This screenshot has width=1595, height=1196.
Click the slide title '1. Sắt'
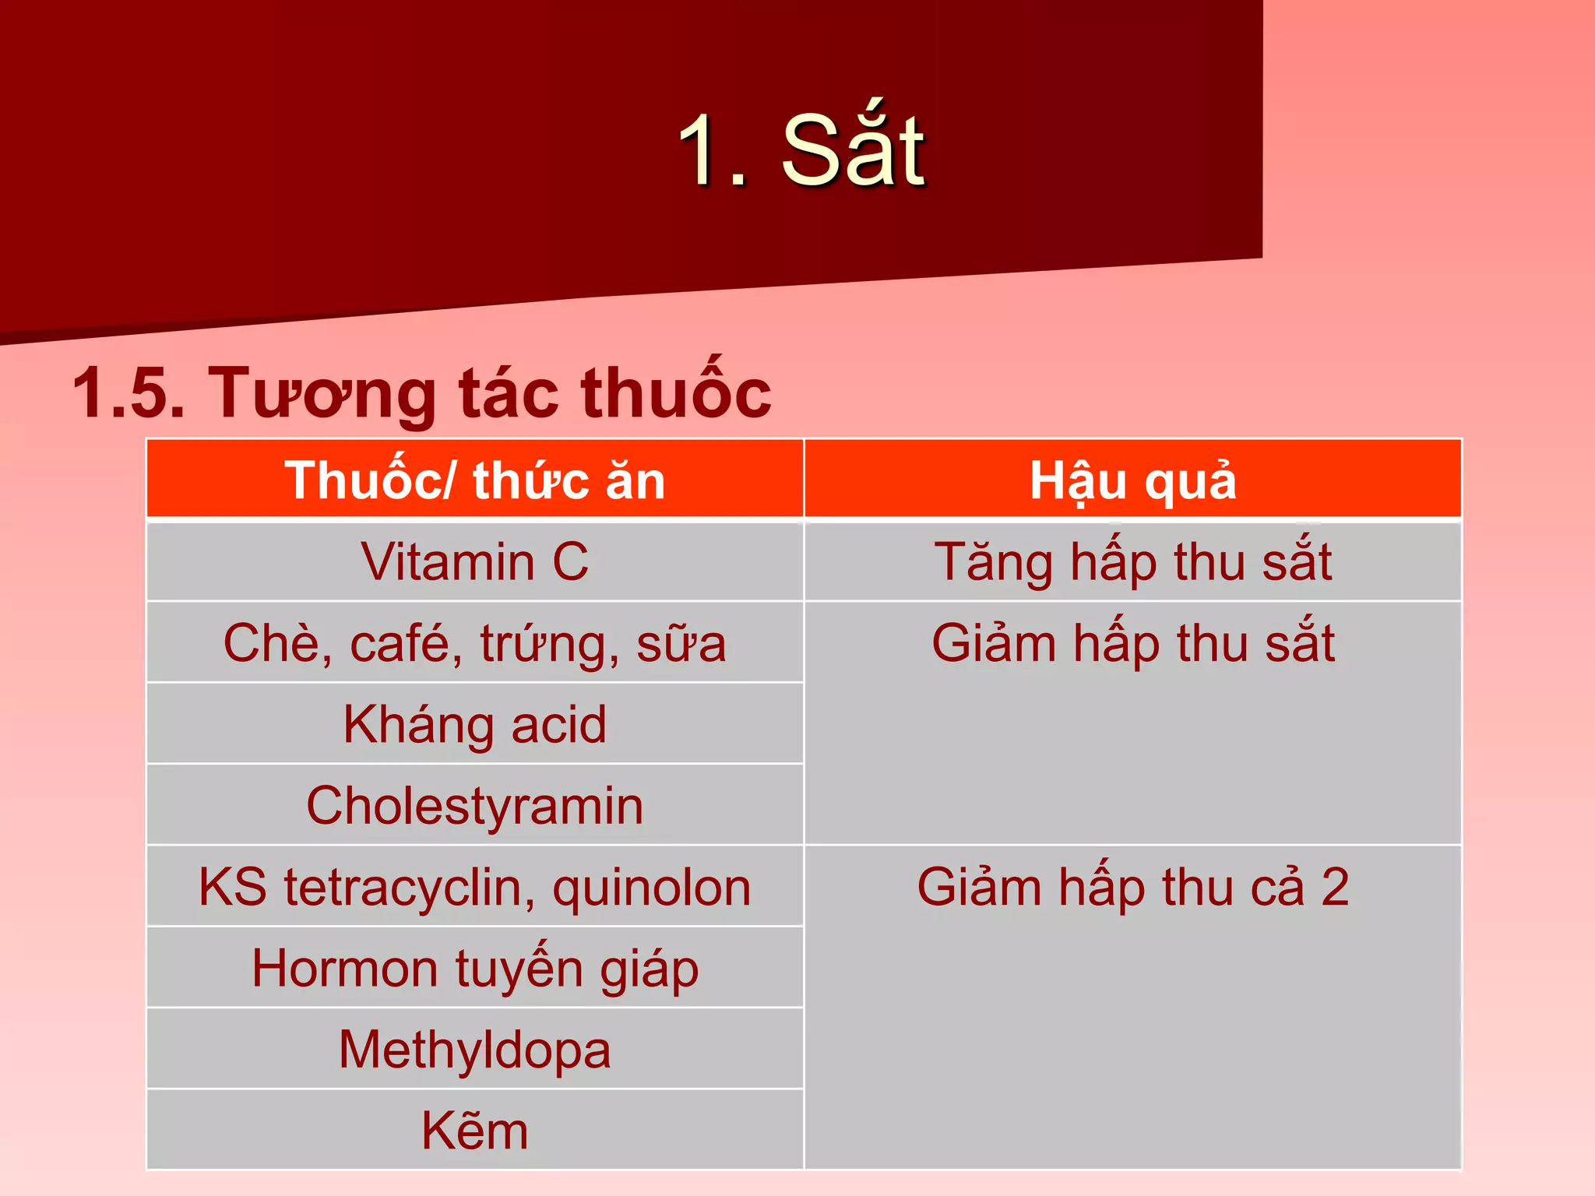click(802, 149)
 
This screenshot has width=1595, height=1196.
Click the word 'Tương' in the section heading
click(322, 394)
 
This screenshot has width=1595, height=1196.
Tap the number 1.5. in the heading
click(129, 394)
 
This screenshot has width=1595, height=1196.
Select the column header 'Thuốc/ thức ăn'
click(475, 480)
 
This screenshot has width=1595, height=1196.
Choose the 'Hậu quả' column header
click(1132, 480)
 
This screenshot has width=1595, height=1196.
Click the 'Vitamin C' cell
click(475, 561)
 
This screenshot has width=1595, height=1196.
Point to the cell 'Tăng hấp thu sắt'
click(1132, 561)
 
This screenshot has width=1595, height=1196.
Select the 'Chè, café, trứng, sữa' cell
click(475, 643)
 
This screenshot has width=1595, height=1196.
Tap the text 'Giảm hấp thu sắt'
click(1132, 643)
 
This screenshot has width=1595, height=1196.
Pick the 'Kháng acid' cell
click(475, 724)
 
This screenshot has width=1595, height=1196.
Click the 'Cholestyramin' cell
click(475, 805)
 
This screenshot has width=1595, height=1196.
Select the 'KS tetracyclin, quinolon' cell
click(475, 887)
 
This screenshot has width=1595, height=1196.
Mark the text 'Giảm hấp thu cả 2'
click(1132, 887)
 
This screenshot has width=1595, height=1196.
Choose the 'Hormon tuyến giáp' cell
click(475, 969)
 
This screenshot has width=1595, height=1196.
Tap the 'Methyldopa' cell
click(475, 1050)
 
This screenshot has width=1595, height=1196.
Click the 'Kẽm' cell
click(475, 1131)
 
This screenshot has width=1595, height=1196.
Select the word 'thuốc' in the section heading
click(675, 392)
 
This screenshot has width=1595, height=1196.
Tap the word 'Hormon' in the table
click(345, 969)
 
